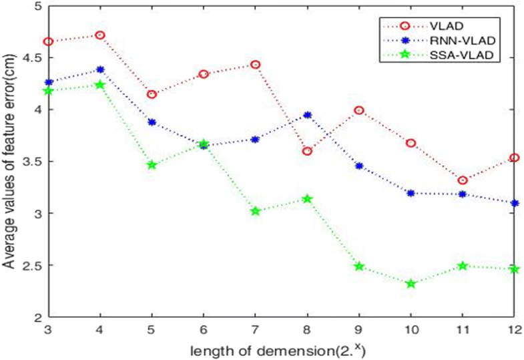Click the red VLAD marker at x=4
coord(100,35)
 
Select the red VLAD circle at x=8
coord(307,151)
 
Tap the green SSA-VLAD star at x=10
coord(411,284)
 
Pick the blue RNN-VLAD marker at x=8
coord(307,115)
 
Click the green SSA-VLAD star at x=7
coord(255,211)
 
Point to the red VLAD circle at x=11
coord(463,180)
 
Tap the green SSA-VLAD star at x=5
coord(152,164)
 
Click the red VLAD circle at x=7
coord(255,64)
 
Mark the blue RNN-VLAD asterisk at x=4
coord(100,69)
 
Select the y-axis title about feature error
coord(9,160)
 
